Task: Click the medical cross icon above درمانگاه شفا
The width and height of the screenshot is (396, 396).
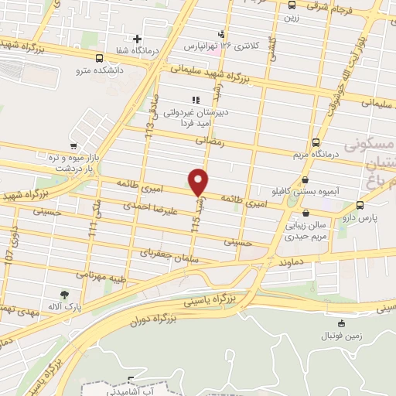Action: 138,38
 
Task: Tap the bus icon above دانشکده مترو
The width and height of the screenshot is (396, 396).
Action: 99,57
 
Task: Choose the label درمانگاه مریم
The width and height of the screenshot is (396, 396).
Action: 317,155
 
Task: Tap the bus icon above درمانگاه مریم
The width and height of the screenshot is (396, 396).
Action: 316,142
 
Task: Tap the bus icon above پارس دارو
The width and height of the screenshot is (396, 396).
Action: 360,205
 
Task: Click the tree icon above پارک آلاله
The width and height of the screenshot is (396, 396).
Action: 64,294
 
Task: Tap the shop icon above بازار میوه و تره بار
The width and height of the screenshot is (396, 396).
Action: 73,145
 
